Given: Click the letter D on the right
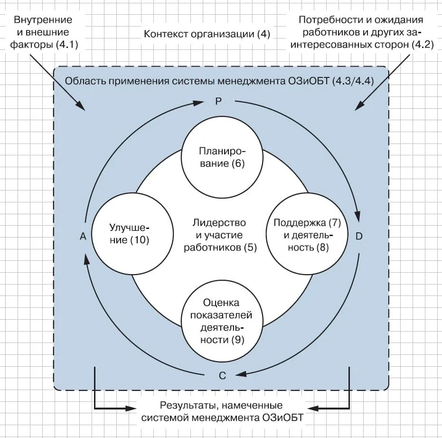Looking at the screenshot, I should click(359, 236).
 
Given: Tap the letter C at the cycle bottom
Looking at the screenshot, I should click(222, 375).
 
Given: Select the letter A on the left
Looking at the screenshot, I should click(83, 237).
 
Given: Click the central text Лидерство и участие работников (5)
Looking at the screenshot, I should click(219, 235).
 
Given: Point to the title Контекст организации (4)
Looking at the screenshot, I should click(207, 34).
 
